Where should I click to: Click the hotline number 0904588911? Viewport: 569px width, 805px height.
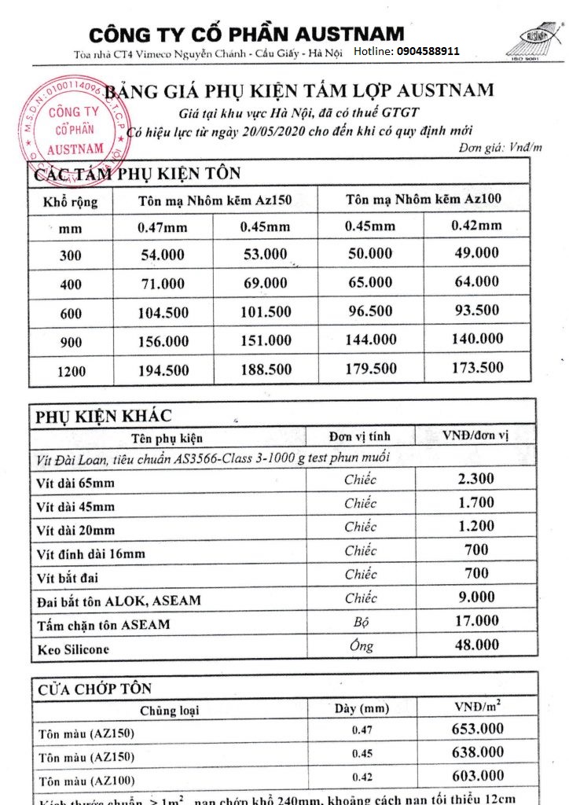pyautogui.click(x=428, y=50)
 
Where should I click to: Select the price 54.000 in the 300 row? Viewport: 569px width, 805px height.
pyautogui.click(x=162, y=255)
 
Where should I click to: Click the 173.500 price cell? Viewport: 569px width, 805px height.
pyautogui.click(x=477, y=367)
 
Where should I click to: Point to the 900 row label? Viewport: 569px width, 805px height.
pyautogui.click(x=71, y=342)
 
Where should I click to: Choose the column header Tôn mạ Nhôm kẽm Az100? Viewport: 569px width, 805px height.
pyautogui.click(x=423, y=199)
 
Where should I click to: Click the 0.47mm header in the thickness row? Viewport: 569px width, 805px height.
pyautogui.click(x=162, y=228)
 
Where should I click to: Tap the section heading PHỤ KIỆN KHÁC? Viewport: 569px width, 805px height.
pyautogui.click(x=103, y=417)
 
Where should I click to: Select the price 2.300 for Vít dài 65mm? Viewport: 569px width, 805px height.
pyautogui.click(x=475, y=479)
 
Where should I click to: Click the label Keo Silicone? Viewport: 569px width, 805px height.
pyautogui.click(x=73, y=649)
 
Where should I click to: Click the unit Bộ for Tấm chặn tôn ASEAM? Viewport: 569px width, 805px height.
pyautogui.click(x=360, y=623)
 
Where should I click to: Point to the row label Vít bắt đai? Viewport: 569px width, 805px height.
pyautogui.click(x=68, y=578)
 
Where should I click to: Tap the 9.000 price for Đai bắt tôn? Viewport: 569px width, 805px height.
pyautogui.click(x=476, y=597)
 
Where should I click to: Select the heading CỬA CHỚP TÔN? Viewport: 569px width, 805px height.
pyautogui.click(x=94, y=689)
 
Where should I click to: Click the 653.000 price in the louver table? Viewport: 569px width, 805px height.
pyautogui.click(x=477, y=730)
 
